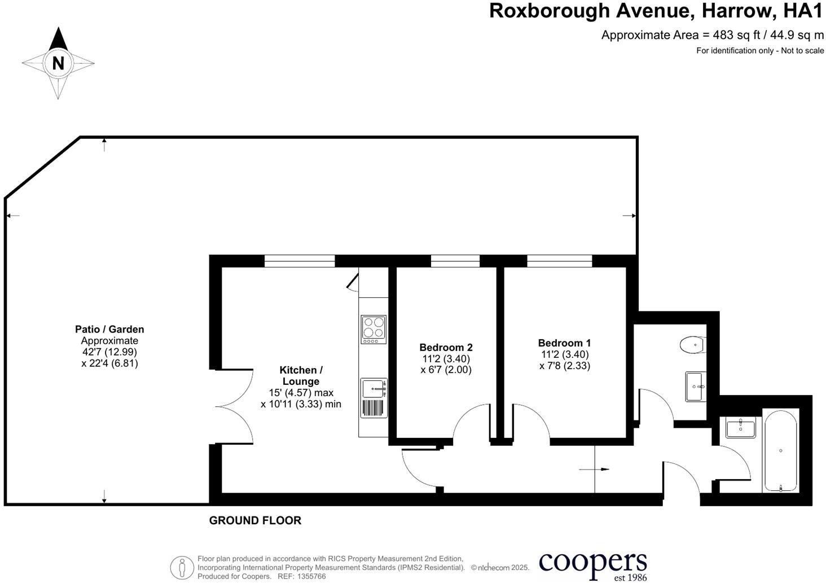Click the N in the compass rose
58,63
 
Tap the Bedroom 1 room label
564,343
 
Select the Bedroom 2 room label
446,348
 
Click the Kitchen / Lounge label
301,376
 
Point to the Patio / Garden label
109,329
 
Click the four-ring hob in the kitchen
374,330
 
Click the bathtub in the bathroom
780,450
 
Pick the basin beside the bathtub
740,428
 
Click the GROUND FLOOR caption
255,520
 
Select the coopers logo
592,565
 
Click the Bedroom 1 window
560,261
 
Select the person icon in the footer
182,567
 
